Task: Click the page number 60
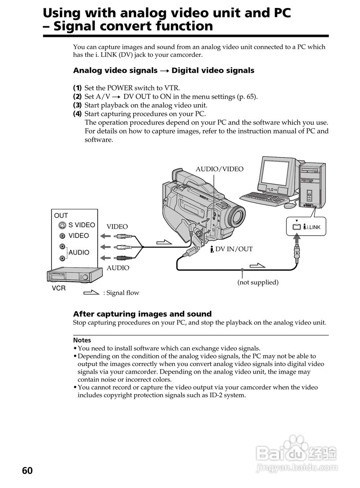click(27, 470)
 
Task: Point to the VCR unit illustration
click(74, 275)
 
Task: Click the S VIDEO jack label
click(82, 225)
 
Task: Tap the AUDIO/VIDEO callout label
click(219, 169)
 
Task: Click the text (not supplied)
click(258, 282)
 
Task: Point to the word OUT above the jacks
click(61, 215)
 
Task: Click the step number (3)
click(77, 105)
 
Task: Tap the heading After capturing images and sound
click(142, 314)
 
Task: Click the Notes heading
click(82, 340)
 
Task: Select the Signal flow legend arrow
click(92, 293)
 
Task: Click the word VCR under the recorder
click(59, 288)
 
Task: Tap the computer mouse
click(289, 205)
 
